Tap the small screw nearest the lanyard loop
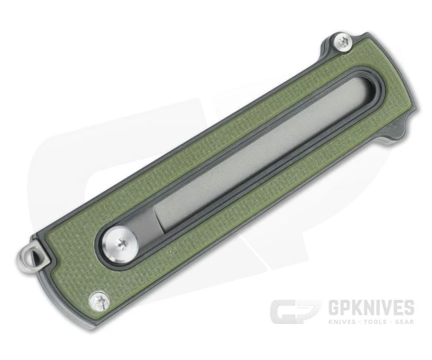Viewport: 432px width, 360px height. point(100,299)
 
